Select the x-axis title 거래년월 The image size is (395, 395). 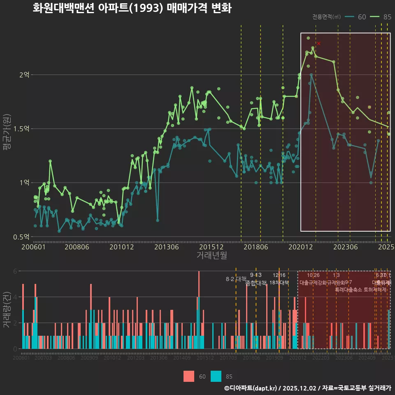click(x=211, y=256)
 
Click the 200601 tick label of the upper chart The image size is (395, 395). click(x=33, y=247)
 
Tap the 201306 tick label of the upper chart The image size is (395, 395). click(x=166, y=247)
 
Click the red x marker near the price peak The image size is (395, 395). click(x=319, y=43)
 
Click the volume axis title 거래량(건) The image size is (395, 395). click(x=7, y=309)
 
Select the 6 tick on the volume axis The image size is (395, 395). click(x=15, y=271)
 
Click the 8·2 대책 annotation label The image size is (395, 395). click(x=235, y=279)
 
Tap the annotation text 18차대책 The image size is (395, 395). click(x=279, y=283)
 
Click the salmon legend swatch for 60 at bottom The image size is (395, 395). click(x=188, y=376)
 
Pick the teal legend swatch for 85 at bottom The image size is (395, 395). click(x=216, y=376)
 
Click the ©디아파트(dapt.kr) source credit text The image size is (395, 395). click(x=251, y=388)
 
